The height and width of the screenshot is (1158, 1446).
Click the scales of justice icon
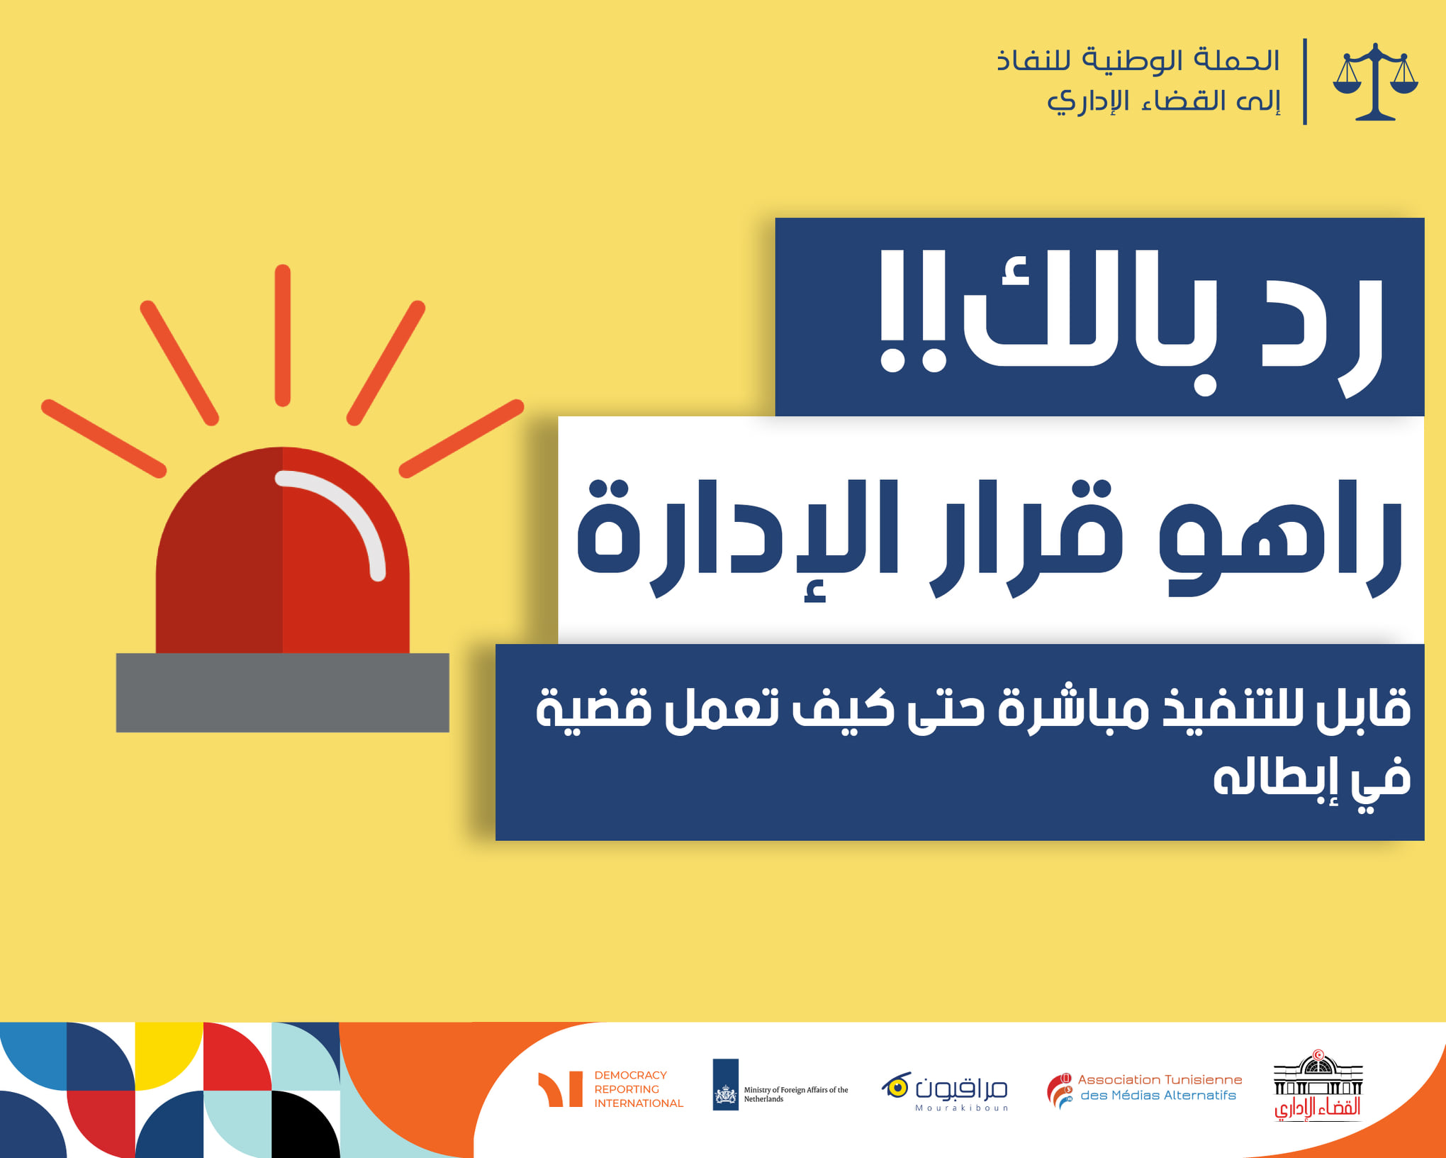(1375, 82)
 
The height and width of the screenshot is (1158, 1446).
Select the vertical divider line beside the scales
(1305, 82)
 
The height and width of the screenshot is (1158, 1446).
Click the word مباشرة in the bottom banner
(1074, 707)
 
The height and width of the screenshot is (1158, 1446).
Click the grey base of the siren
(282, 692)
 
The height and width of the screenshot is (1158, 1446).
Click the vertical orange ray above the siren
(282, 335)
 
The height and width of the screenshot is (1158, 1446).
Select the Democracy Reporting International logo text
(638, 1089)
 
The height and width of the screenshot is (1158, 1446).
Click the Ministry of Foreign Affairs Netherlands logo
(780, 1085)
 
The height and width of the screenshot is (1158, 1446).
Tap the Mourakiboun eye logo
(896, 1086)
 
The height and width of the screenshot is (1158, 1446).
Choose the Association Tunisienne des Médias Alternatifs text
(1160, 1087)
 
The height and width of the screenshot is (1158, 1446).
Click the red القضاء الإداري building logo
(1318, 1084)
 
